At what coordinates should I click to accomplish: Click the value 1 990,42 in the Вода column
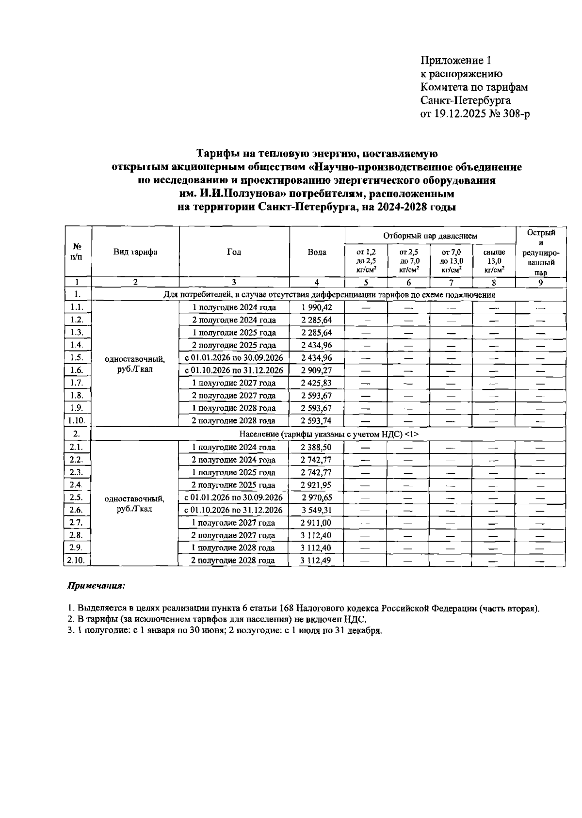[x=316, y=307]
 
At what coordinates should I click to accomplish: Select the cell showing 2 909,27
[x=316, y=370]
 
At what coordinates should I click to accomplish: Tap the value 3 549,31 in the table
[x=316, y=510]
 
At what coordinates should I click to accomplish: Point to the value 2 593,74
[x=316, y=421]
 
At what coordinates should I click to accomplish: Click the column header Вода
[x=317, y=252]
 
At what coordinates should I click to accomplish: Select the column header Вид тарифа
[x=135, y=252]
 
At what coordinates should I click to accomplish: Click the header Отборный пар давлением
[x=430, y=236]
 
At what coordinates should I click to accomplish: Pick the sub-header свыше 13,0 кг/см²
[x=494, y=260]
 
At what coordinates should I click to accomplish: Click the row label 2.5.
[x=77, y=497]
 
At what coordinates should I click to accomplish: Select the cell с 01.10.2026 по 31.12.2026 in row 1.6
[x=234, y=370]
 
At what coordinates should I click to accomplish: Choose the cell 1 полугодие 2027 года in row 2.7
[x=234, y=523]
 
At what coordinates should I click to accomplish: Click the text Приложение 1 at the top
[x=455, y=61]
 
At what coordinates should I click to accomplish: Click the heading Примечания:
[x=96, y=586]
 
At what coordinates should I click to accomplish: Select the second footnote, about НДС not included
[x=216, y=620]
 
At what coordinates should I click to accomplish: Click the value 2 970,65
[x=316, y=497]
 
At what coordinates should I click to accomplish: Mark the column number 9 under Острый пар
[x=540, y=283]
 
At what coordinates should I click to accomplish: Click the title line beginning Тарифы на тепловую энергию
[x=317, y=154]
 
